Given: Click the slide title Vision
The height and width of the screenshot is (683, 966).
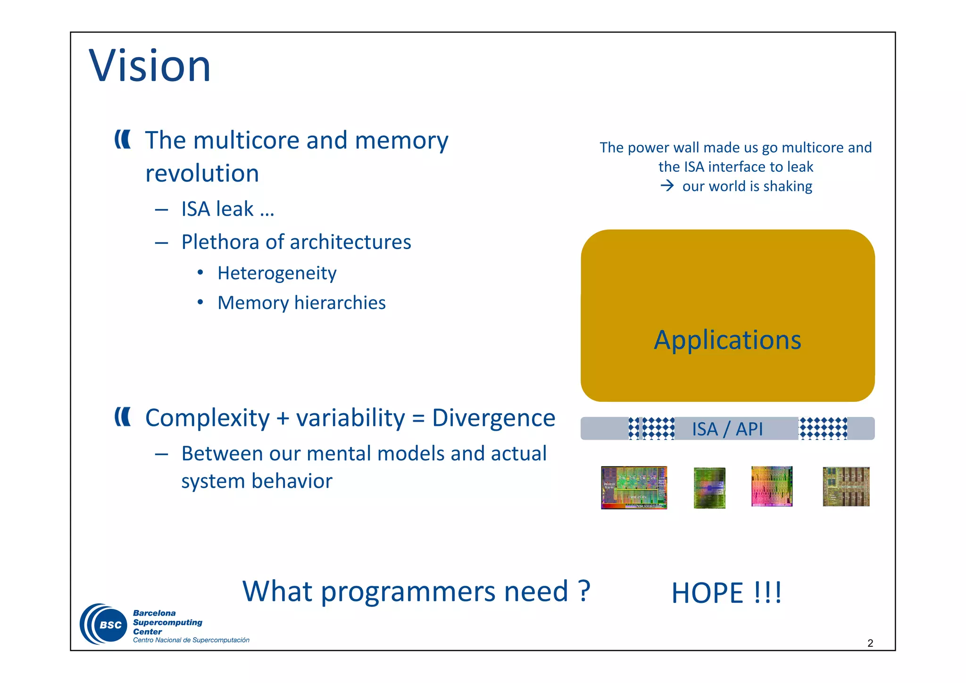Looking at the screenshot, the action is point(150,66).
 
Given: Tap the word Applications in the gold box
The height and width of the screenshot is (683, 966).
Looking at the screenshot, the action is point(727,340).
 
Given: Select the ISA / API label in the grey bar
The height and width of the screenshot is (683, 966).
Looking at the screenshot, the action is point(727,429).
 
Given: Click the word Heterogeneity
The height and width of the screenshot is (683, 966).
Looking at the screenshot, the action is point(277,273).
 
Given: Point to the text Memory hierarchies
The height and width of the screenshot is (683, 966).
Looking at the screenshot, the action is point(301,303).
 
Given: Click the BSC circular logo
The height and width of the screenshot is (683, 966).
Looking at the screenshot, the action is point(104,624).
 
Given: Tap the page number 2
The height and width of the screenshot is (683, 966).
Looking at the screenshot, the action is point(870,643).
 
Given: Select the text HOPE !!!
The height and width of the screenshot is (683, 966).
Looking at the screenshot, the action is point(726,593).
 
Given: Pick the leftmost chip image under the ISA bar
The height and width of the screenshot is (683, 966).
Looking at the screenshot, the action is point(634,488).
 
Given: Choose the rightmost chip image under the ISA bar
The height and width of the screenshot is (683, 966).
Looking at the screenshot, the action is point(846,487).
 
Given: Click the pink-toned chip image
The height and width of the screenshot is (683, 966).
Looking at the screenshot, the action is point(772,486).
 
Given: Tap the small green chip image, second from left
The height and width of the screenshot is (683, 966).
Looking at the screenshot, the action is point(709,488).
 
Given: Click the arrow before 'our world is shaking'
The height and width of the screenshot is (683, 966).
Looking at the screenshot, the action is point(667,186).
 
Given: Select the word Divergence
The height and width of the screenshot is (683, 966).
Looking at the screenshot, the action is point(493,418).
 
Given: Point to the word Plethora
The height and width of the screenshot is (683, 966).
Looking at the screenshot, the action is point(220,242).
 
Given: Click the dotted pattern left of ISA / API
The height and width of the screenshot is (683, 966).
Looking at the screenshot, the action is point(652,429).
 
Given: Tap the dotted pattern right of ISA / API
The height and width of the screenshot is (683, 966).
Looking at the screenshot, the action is point(823,429).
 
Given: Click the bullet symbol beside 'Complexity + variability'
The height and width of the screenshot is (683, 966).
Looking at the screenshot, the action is point(123,417).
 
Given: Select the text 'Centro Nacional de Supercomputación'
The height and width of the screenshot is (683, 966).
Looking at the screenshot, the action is point(191,640).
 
